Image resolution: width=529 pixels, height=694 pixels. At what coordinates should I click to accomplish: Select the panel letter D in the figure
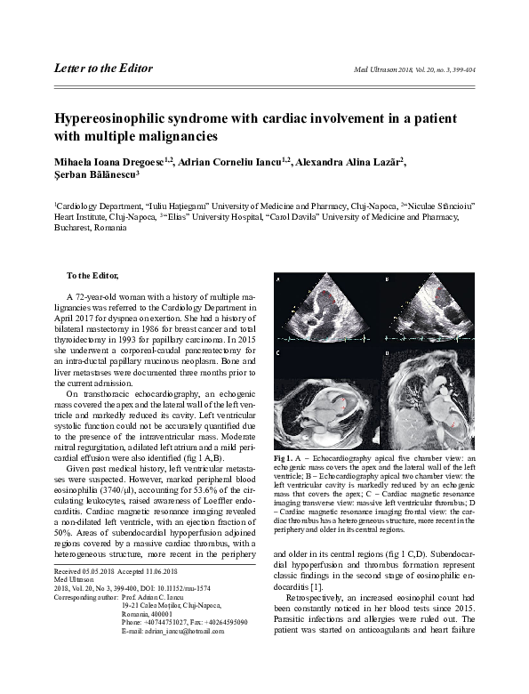point(389,353)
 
